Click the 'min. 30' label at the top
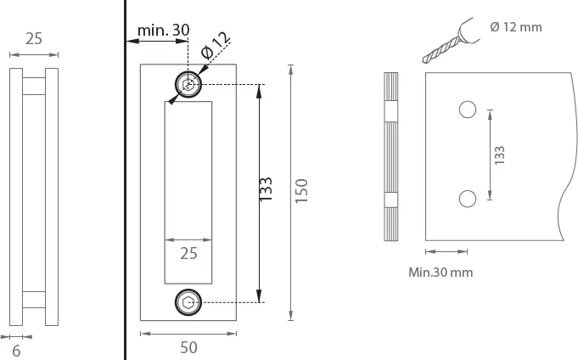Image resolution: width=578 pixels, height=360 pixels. point(163,31)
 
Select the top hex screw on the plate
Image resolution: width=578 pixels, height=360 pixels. point(188,84)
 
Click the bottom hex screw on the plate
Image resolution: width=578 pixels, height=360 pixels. point(188,303)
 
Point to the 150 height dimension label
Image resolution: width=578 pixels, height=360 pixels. point(301,190)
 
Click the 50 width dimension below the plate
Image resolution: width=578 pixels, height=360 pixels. point(188,347)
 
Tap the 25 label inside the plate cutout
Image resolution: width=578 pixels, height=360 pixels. point(188,253)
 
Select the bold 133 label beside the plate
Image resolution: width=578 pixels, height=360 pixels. point(266,189)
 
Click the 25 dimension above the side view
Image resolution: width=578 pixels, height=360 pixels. point(34,39)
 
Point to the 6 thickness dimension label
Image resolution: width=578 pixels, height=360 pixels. point(16,352)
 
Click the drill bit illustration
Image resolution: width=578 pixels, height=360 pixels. point(451,41)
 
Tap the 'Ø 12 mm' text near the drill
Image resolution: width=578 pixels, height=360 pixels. point(516,27)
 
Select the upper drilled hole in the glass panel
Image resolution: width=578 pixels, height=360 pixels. point(468,110)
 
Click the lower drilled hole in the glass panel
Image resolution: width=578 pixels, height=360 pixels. point(468,199)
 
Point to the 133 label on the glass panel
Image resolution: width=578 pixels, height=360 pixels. point(499,155)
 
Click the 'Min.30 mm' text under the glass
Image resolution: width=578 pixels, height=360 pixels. point(441,273)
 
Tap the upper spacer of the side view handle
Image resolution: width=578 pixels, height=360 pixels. point(34,86)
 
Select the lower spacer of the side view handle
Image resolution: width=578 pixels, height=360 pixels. point(34,300)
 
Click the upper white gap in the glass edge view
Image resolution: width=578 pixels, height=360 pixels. point(391,112)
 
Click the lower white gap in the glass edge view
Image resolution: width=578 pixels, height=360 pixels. point(391,200)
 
